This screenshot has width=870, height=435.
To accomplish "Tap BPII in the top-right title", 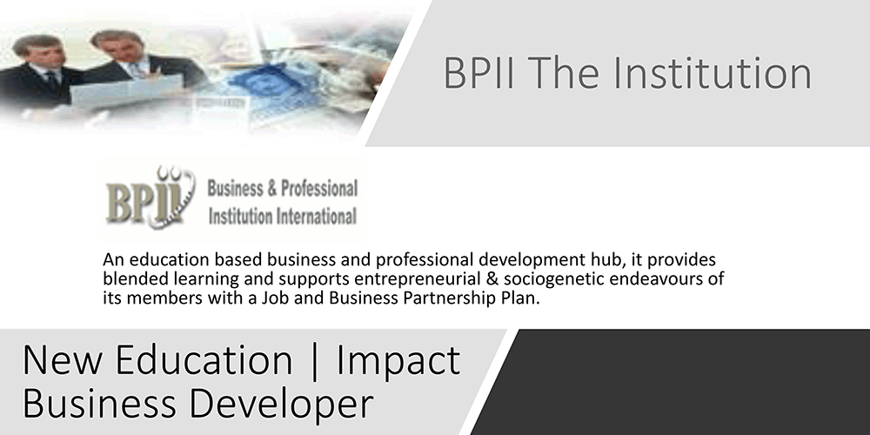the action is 478,73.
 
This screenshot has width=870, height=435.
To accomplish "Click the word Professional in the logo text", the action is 319,189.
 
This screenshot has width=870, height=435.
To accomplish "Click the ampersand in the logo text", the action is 271,189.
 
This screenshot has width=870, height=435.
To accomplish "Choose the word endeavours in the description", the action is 650,278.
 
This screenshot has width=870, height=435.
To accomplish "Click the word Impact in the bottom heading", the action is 398,361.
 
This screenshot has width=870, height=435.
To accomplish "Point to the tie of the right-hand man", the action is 137,69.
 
